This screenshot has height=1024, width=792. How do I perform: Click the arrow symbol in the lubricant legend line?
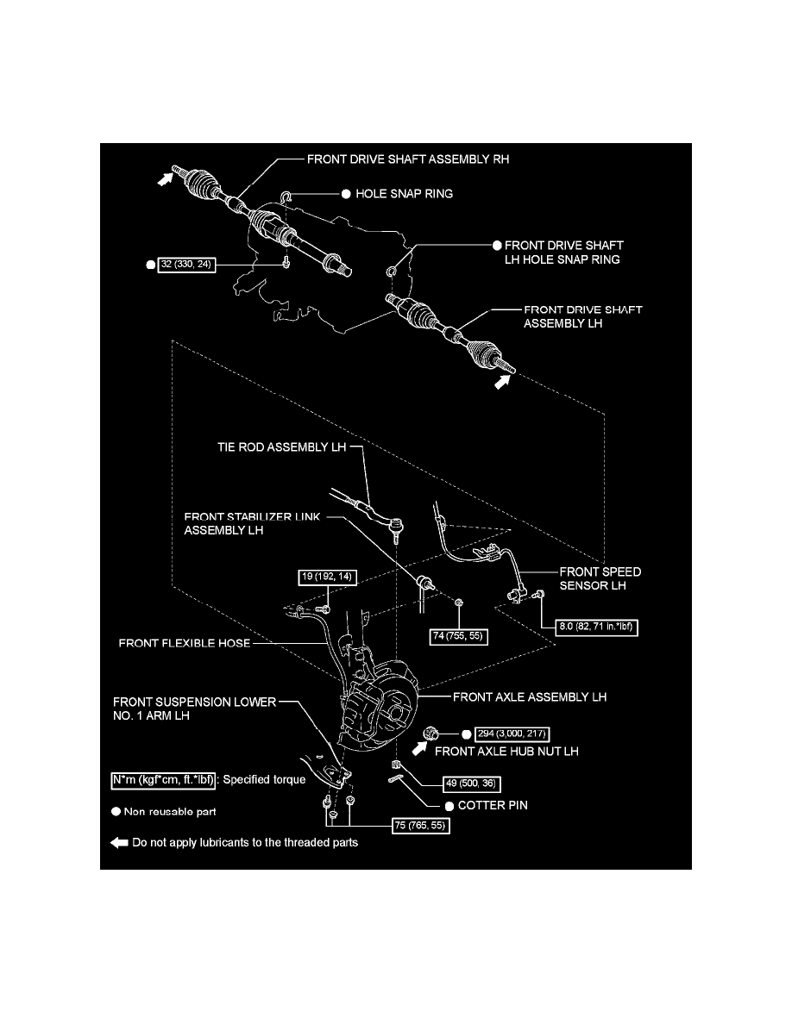coord(119,843)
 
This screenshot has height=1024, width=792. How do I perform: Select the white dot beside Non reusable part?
coord(115,811)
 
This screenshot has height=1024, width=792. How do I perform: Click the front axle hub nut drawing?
coord(432,734)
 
